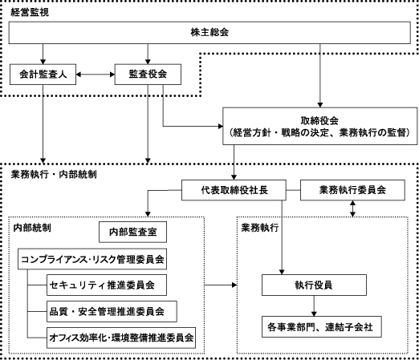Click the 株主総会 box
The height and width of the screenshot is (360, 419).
pos(209,33)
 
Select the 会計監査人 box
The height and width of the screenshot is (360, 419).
pos(43,75)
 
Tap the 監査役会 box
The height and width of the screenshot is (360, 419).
pos(148,75)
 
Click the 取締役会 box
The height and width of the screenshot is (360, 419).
pos(320,126)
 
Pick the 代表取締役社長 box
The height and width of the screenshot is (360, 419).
pos(234,190)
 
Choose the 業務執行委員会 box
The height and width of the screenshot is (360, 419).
pos(352,190)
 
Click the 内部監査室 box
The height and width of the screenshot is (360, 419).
pos(132,232)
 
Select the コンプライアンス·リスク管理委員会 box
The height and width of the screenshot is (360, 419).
pos(92,259)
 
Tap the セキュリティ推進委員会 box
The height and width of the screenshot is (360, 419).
pos(107,285)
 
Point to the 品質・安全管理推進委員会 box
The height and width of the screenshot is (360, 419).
pos(112,311)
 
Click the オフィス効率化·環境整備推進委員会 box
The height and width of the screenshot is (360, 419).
pos(121,338)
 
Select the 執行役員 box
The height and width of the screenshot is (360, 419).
pos(314,285)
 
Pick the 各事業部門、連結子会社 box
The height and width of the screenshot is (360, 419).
pos(322,327)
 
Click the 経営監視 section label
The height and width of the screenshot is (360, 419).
pos(30,12)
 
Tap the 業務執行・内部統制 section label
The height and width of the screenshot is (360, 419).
pos(54,174)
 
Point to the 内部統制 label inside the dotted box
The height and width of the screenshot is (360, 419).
pos(32,228)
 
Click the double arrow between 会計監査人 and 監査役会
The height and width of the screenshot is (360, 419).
pos(96,75)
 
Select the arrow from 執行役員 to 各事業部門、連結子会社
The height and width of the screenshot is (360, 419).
pos(314,306)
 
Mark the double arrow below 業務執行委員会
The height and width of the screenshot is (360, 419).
pos(352,208)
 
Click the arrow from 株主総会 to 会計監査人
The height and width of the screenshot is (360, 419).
pos(43,54)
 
